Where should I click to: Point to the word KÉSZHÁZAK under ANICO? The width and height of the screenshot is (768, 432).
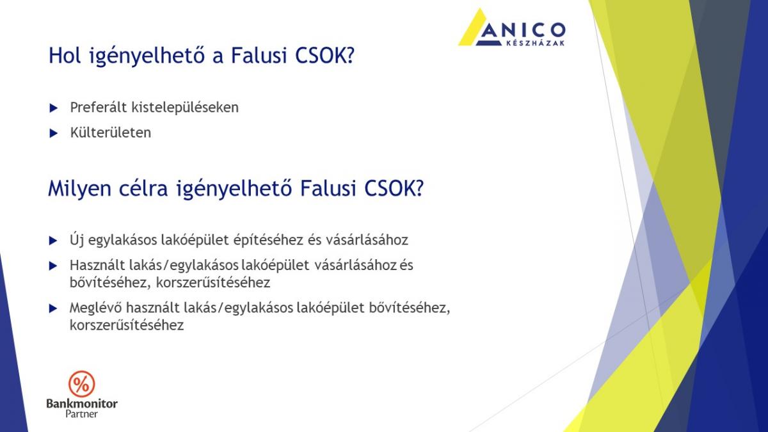535,44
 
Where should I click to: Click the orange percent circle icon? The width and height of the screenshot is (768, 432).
82,384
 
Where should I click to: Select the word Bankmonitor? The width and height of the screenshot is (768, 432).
82,404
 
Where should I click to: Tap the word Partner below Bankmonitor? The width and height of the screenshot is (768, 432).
82,414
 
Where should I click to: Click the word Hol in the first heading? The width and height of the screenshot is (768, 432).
65,56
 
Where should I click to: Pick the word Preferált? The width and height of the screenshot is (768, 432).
99,108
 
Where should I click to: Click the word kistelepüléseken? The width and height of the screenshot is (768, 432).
185,108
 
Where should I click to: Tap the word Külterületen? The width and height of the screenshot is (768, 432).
110,132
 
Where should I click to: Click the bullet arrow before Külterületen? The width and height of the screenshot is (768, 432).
54,133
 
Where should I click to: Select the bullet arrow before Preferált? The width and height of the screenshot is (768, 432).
54,108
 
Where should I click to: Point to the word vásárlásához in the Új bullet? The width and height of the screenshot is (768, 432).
367,240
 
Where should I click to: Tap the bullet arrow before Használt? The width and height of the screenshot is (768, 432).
53,266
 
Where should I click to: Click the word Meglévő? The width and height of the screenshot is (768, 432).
95,308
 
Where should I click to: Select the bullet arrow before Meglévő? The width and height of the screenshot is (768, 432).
53,308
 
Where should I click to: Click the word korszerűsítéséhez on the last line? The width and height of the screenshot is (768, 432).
127,325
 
